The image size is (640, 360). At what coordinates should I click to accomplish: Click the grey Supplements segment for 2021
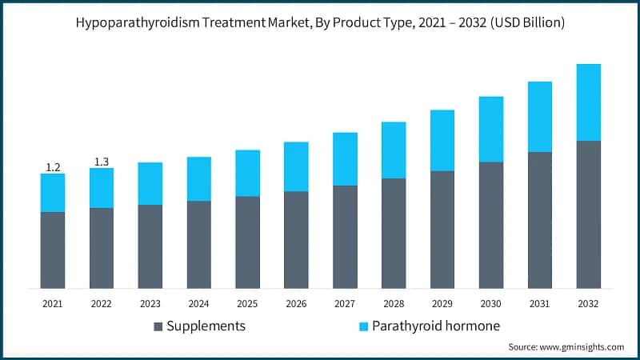[53, 250]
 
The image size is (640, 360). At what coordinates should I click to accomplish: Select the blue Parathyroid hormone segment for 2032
[588, 102]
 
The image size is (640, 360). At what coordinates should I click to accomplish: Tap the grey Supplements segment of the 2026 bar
[296, 239]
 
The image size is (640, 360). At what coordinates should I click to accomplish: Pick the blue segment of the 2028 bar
[394, 150]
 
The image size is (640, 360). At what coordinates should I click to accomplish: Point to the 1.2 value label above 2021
[53, 167]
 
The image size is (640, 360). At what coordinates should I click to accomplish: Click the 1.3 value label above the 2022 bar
[102, 162]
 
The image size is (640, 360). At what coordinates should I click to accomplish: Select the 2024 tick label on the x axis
[198, 303]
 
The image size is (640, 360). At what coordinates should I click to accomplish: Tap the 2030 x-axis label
[490, 303]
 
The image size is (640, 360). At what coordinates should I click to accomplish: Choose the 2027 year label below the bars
[345, 303]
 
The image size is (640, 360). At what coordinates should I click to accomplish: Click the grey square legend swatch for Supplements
[158, 326]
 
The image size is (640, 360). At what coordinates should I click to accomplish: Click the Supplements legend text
[207, 326]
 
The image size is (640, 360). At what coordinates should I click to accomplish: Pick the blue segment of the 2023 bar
[150, 183]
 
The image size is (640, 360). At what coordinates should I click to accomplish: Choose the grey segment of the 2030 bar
[490, 225]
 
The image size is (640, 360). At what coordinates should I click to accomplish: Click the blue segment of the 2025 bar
[247, 173]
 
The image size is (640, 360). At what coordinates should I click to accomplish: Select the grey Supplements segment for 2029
[442, 229]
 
